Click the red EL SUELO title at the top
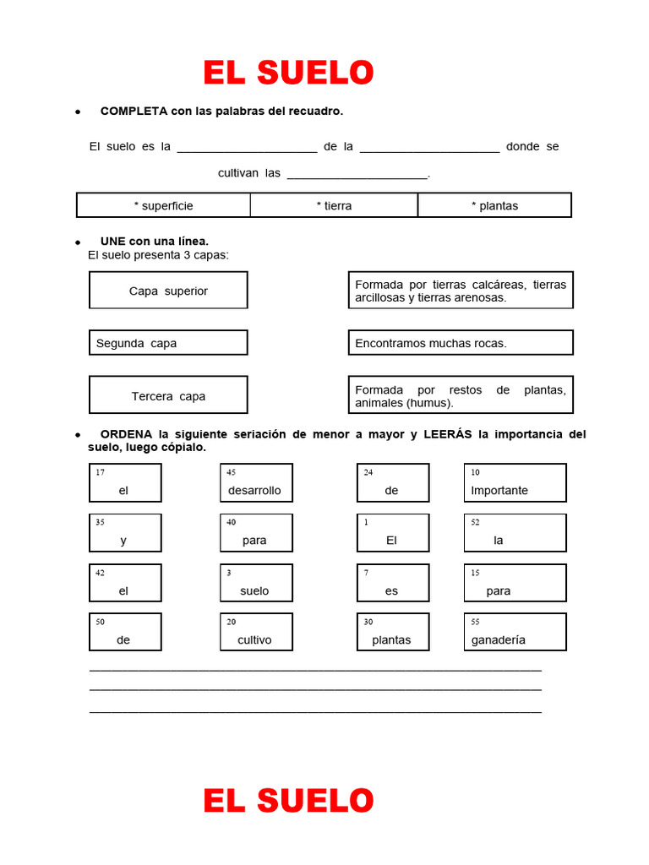coord(288,73)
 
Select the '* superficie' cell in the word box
coord(163,205)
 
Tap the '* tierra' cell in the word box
coord(334,205)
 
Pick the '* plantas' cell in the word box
coord(494,205)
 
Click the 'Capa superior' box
coord(168,291)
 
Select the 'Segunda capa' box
coord(168,343)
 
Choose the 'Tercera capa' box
coord(168,395)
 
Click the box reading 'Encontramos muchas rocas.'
coord(461,343)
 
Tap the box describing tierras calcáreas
coord(461,291)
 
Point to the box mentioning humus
coord(461,395)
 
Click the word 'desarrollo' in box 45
coord(254,491)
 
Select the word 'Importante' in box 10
coord(499,491)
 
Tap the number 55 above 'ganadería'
coord(475,622)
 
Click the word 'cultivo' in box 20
coord(254,640)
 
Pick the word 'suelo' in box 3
coord(254,591)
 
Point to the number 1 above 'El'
coord(366,523)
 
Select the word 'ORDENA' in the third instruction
coord(126,434)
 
